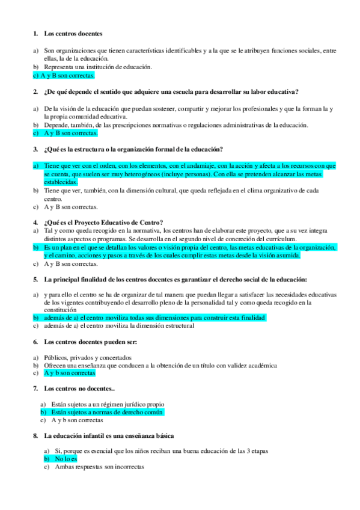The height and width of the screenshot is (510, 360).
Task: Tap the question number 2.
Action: [x=35, y=91]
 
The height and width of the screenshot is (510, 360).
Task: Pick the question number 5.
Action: [x=35, y=279]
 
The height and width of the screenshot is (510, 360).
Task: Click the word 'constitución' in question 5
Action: [x=60, y=310]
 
